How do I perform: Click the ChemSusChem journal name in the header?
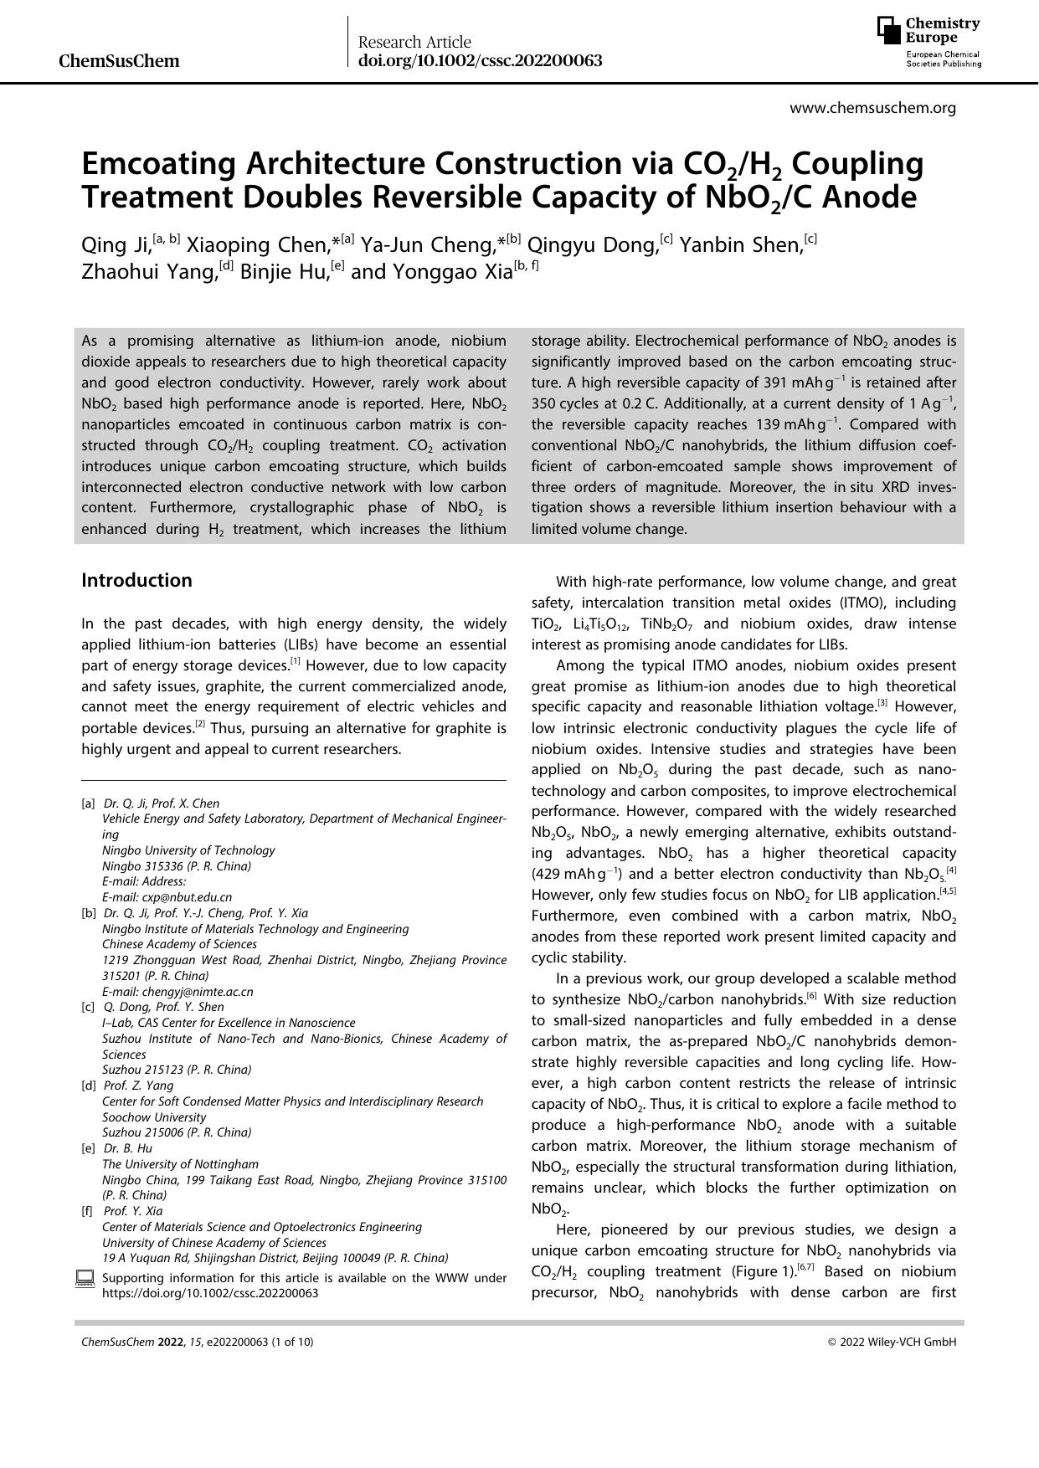[120, 61]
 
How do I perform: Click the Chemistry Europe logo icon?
[889, 30]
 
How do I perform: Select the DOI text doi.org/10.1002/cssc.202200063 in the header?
[480, 61]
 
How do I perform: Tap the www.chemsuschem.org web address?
[872, 107]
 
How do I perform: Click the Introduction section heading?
[136, 580]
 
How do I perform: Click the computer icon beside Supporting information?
[85, 1278]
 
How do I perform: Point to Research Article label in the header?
[414, 42]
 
